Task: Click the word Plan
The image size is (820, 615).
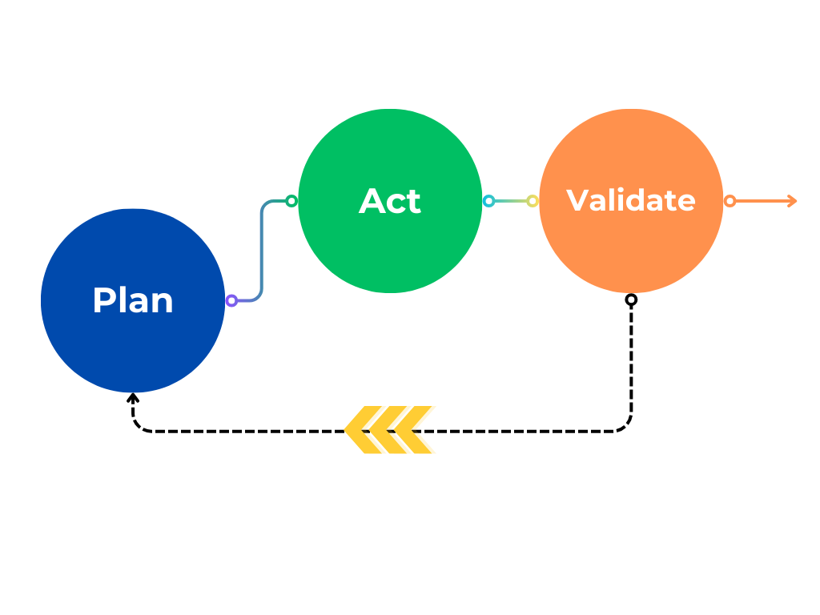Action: (x=133, y=300)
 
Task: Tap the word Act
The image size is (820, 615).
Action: (x=390, y=201)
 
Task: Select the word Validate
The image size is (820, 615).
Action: (x=631, y=200)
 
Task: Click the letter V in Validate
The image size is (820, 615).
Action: (x=577, y=200)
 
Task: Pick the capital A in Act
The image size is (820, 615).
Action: (x=372, y=201)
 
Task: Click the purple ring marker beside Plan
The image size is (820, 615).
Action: (x=231, y=300)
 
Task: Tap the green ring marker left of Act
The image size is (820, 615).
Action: (x=291, y=201)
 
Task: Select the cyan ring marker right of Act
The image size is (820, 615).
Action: (x=488, y=201)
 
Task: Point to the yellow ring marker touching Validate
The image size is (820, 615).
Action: (x=533, y=201)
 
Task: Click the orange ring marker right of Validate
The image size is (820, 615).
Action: (x=730, y=201)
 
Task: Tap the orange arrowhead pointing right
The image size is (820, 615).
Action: (x=793, y=201)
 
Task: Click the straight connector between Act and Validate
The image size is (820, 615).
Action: (x=510, y=201)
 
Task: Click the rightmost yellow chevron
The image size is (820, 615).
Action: (x=416, y=430)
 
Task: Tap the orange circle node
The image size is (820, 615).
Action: (x=631, y=248)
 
